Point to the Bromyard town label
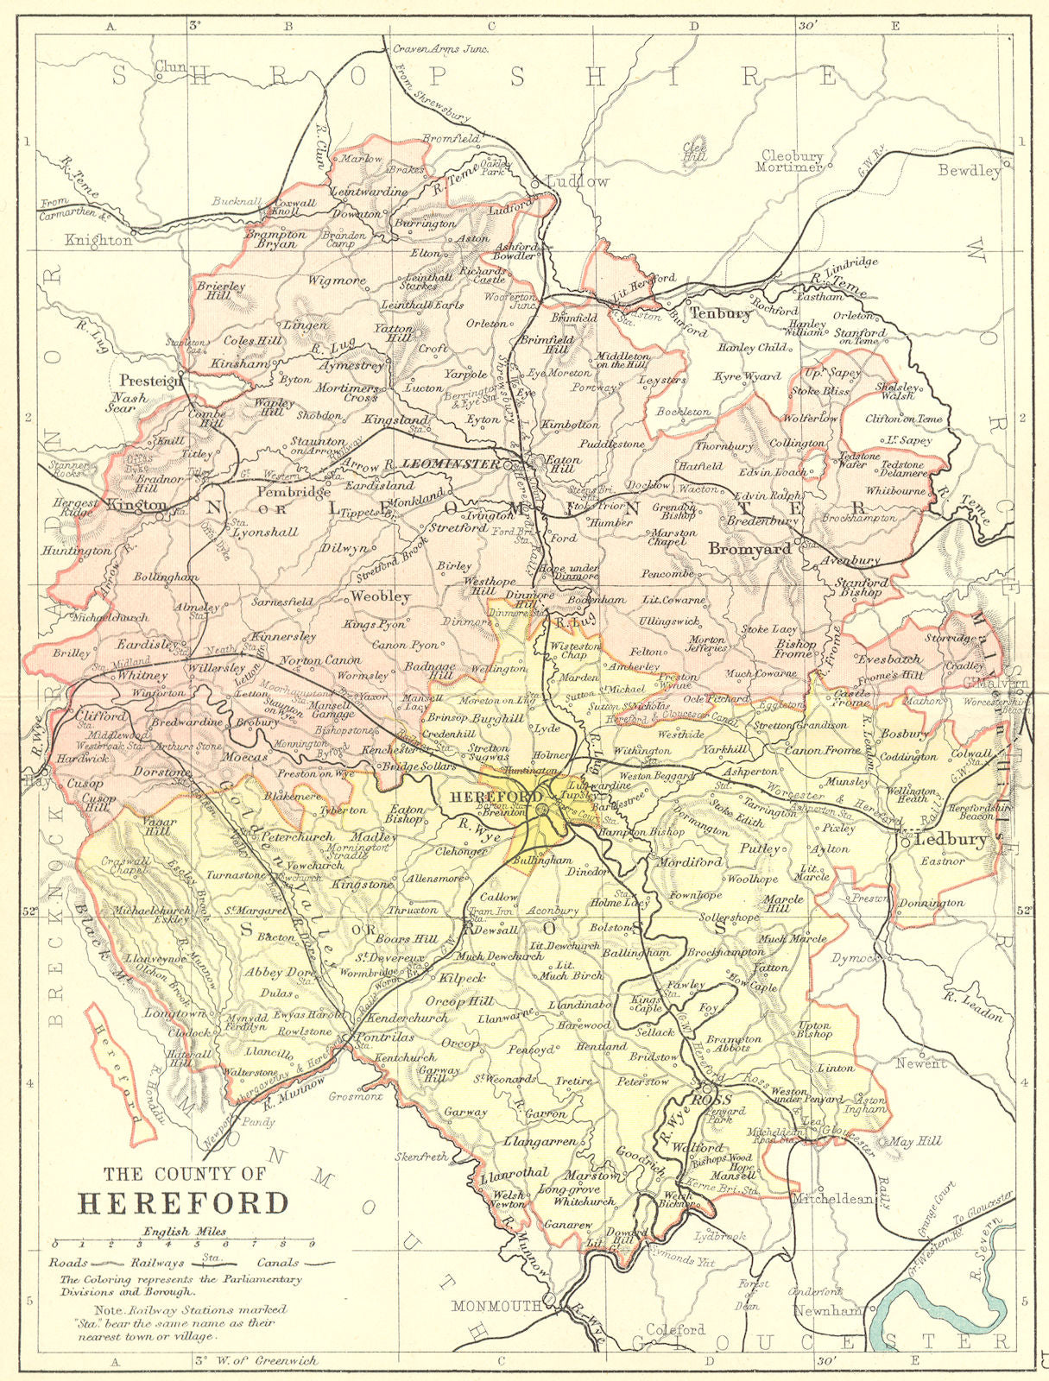pos(749,549)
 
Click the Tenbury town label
pos(719,314)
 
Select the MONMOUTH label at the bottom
pos(496,1306)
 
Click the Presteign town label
pos(151,380)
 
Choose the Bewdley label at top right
pos(970,170)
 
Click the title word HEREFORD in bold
pos(183,1202)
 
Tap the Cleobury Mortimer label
pos(791,161)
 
